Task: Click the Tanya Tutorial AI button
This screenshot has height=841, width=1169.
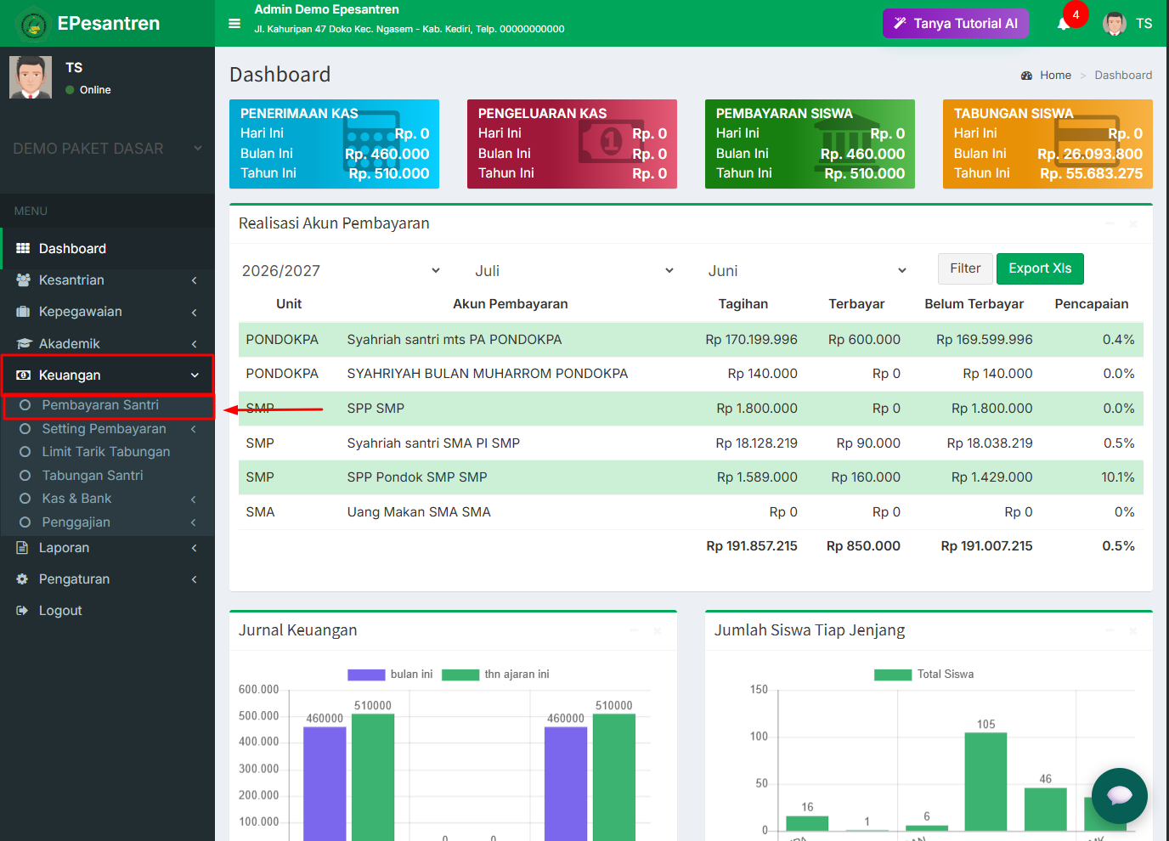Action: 955,24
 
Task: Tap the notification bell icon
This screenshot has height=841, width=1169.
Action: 1063,24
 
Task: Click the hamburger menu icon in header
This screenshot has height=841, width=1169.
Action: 234,24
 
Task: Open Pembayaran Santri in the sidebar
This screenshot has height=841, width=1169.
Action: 100,405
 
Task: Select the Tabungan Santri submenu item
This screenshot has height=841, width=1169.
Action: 93,475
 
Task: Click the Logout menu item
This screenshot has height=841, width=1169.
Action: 60,611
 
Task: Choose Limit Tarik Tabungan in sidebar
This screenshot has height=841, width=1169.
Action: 106,452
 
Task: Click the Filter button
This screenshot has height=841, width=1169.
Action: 965,268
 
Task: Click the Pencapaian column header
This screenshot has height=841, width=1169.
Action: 1091,304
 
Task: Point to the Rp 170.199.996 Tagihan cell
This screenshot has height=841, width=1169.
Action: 751,340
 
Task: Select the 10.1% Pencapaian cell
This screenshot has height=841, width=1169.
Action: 1117,477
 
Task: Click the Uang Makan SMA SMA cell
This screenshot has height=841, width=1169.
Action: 419,512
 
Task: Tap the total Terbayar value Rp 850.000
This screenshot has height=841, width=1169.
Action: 863,546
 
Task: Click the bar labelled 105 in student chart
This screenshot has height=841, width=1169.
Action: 985,781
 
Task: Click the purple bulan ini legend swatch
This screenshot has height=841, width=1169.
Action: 366,674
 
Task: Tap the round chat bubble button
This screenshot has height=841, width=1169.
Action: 1119,796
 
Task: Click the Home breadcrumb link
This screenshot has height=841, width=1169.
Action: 1054,75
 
